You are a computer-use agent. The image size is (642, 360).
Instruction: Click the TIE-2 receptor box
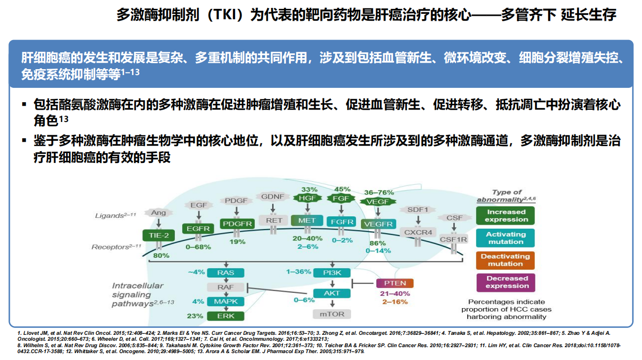(159, 236)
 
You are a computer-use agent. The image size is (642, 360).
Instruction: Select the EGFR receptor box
(198, 229)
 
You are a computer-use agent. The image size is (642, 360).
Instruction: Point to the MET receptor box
(307, 220)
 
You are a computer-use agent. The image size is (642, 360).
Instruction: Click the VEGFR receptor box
(378, 224)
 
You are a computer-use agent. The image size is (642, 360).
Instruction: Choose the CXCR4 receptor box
(418, 232)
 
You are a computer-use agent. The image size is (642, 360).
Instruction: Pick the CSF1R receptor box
(453, 240)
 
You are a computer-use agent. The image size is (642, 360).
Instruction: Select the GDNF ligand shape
(273, 196)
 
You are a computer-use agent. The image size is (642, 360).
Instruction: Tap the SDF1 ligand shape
(418, 209)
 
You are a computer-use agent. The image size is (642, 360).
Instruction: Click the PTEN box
(395, 283)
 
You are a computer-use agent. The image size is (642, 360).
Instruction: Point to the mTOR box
(332, 314)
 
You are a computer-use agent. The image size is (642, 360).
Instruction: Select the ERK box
(225, 316)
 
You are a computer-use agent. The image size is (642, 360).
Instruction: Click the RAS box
(225, 273)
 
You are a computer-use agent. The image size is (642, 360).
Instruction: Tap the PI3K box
(332, 273)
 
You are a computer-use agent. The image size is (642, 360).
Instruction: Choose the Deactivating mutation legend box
(505, 260)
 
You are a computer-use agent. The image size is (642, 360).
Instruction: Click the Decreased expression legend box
(505, 282)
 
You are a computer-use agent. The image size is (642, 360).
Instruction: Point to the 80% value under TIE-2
(161, 255)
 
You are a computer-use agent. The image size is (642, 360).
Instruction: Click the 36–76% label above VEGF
(378, 192)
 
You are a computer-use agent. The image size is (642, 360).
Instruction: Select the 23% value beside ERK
(195, 316)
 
